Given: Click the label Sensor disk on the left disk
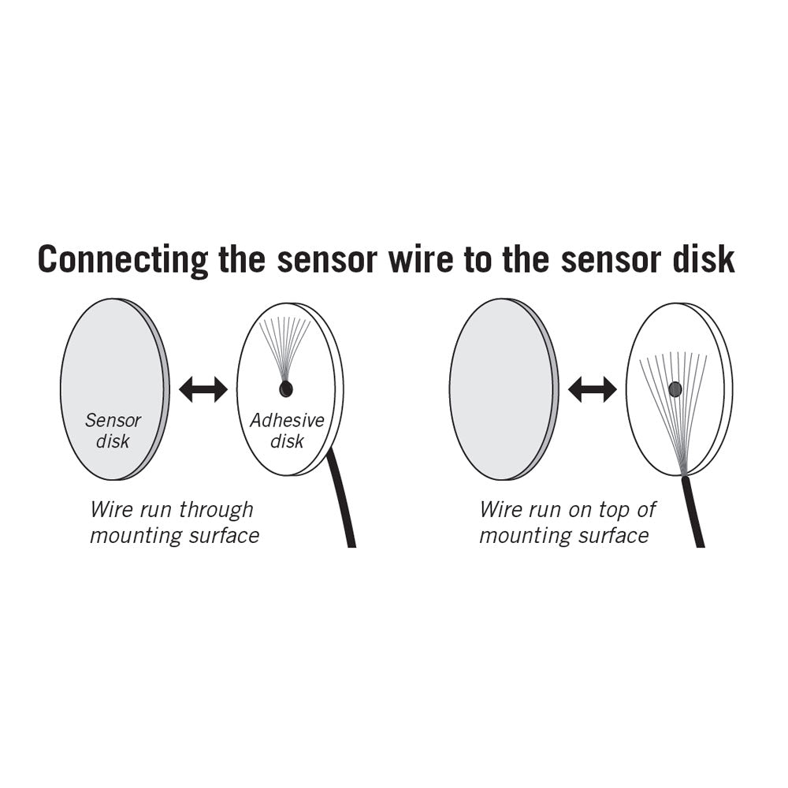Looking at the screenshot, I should [x=113, y=431].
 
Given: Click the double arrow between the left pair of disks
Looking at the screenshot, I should [x=203, y=388].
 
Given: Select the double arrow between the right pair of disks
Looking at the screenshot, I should [x=593, y=388].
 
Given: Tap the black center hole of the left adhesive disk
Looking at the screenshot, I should [x=286, y=388].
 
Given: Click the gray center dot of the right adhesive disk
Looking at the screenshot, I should [x=675, y=388].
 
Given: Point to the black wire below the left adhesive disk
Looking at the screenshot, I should [x=342, y=504].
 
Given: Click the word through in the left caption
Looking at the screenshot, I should [x=216, y=510].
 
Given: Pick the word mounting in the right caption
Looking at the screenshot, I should [x=521, y=537].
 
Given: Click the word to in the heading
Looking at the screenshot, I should [x=478, y=260].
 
